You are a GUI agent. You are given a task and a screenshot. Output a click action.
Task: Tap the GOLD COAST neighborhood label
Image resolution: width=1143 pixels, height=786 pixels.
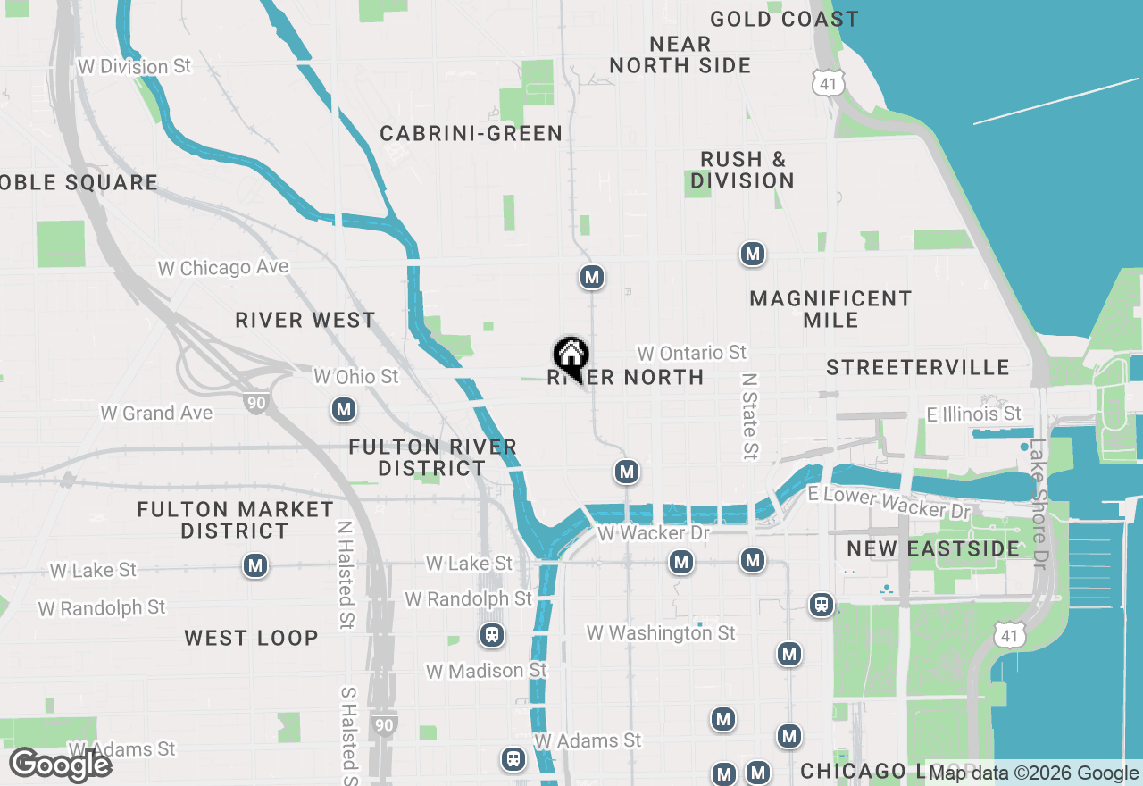pos(784,19)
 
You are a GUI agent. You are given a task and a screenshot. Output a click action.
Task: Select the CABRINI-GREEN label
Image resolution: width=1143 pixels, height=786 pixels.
pos(471,134)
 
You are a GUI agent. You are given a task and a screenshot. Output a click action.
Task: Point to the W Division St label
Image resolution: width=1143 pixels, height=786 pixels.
pos(135,67)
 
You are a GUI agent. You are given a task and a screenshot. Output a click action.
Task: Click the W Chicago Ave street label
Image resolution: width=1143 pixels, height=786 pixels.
pos(223,268)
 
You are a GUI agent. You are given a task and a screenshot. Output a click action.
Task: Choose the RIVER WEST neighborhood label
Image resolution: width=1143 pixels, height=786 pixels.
pos(305,321)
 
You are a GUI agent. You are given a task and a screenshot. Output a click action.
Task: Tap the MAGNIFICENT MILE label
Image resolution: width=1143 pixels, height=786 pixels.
pos(830,309)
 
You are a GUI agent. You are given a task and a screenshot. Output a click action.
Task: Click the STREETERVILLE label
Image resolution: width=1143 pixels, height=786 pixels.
pos(917,368)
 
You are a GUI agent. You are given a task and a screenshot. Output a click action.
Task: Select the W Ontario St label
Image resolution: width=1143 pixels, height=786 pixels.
pos(691,354)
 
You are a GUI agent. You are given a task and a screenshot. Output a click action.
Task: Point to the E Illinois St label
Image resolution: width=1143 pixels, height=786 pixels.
pos(973,414)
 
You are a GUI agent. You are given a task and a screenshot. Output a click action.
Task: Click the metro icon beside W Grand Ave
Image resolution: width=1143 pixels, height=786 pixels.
pos(344,410)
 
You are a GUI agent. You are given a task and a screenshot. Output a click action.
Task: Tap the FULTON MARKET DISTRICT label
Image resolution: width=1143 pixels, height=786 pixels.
pos(236,520)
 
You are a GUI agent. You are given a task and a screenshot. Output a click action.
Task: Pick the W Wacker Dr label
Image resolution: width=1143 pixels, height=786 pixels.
pos(654,533)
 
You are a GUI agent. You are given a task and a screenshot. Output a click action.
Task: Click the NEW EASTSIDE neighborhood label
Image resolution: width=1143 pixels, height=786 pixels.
pos(933,548)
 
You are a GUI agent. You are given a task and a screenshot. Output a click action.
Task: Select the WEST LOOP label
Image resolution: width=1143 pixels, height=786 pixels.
pos(251,638)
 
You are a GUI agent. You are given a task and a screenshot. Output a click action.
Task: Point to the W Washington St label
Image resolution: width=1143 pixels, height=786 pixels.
pos(661,633)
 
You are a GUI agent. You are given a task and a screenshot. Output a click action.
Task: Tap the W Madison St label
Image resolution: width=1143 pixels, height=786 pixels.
pos(487,671)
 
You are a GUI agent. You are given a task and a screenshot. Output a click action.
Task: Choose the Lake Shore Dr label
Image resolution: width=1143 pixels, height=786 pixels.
pos(1039,502)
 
